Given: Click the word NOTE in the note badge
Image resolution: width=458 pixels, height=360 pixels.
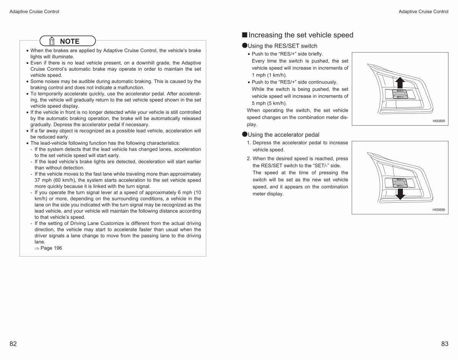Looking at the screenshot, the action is (x=69, y=41).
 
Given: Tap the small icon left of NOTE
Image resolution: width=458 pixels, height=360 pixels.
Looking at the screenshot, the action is (x=52, y=41).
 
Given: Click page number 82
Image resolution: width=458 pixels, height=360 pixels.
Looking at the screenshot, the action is (x=13, y=344).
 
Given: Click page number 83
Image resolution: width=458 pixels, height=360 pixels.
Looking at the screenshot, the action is (x=445, y=344).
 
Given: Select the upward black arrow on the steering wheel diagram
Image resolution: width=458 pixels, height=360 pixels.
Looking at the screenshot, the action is (x=400, y=82).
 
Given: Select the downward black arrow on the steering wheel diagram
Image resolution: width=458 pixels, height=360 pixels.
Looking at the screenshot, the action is (x=400, y=194).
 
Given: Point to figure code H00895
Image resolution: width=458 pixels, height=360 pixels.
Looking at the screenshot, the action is (x=439, y=121).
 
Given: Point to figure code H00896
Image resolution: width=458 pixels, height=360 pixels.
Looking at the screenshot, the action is (x=439, y=210).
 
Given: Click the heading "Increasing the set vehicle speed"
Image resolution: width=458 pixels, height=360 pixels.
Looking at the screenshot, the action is (x=301, y=35).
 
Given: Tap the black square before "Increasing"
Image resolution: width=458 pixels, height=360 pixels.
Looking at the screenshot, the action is (x=245, y=35).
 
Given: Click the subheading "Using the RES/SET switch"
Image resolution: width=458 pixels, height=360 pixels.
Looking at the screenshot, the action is (x=282, y=46).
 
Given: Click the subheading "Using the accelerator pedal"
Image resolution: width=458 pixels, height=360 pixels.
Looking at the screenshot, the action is (x=284, y=135).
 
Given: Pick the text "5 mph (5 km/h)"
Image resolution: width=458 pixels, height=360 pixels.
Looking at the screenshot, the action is (x=269, y=103).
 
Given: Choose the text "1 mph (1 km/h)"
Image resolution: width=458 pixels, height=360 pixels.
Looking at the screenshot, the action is (x=269, y=75).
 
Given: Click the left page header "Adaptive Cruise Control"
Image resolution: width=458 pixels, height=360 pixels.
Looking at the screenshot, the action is (x=34, y=11).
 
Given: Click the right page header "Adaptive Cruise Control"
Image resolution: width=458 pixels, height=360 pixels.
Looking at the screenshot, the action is (x=423, y=11).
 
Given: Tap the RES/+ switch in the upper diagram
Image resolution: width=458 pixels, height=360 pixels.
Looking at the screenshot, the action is (x=400, y=91).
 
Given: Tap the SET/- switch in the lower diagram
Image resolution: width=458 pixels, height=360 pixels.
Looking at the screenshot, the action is (x=400, y=186).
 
